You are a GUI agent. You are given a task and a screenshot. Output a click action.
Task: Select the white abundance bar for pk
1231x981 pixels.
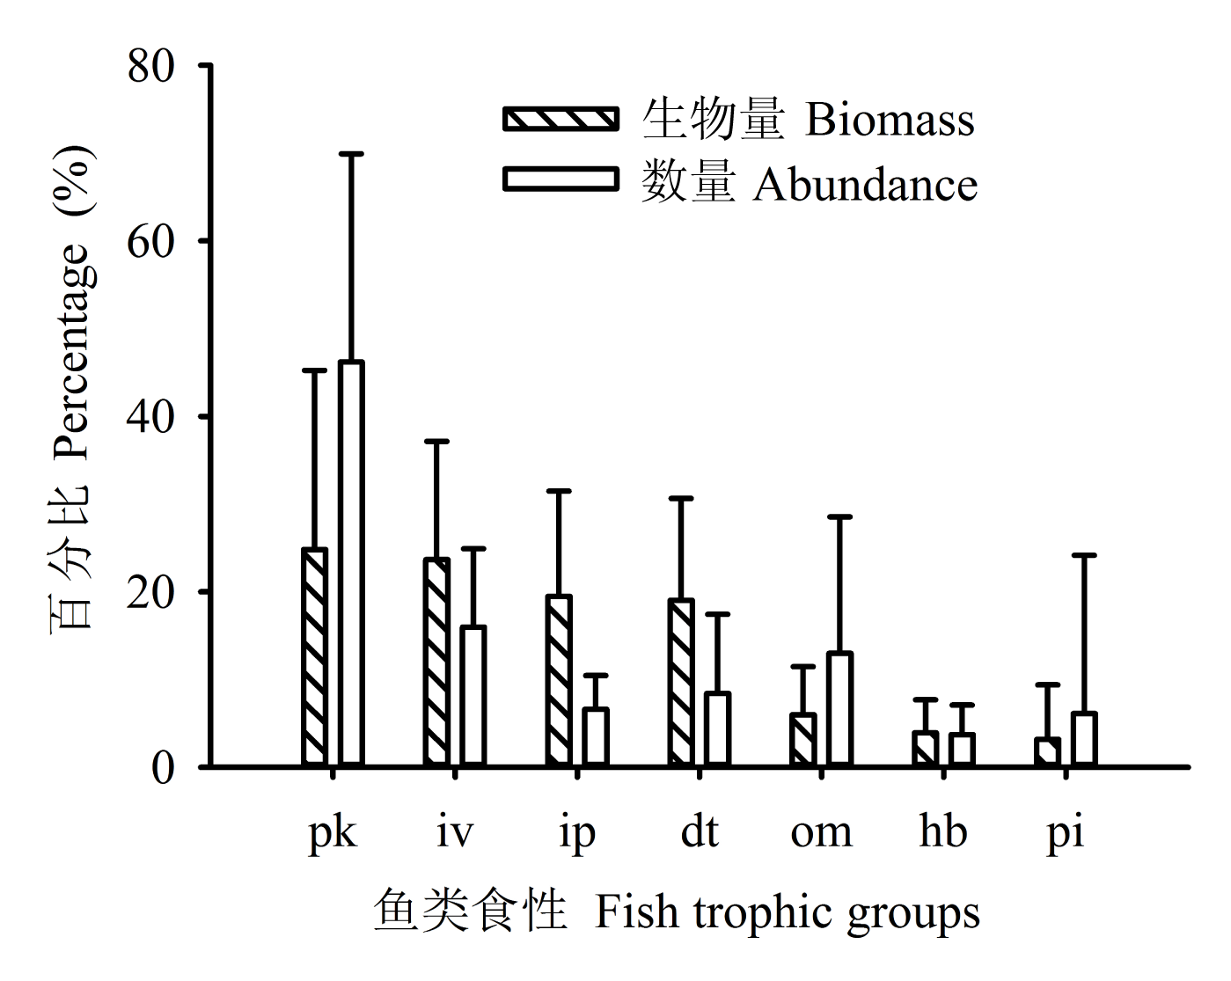tap(351, 563)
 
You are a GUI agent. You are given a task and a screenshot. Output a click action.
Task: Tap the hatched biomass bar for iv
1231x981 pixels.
tap(436, 662)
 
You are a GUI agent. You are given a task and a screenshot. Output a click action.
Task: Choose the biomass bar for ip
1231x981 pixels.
tap(559, 680)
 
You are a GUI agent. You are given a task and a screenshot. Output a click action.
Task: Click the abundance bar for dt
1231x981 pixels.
tap(717, 728)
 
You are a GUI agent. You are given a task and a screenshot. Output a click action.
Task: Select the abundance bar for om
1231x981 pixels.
tap(839, 708)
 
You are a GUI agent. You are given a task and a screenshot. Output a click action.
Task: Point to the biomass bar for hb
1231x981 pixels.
tap(925, 748)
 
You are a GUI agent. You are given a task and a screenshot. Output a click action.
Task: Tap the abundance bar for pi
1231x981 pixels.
tap(1083, 738)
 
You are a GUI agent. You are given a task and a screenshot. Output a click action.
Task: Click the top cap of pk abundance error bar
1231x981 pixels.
tap(351, 154)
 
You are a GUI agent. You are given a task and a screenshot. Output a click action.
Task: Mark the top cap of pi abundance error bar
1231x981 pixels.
tap(1083, 555)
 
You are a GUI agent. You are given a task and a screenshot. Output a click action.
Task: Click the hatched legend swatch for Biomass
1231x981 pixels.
tap(561, 119)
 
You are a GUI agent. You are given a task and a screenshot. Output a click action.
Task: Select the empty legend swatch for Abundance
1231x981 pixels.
tap(561, 179)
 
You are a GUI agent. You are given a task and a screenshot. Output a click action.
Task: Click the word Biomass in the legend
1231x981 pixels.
tap(890, 119)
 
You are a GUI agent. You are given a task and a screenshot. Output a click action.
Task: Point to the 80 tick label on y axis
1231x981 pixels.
tap(151, 66)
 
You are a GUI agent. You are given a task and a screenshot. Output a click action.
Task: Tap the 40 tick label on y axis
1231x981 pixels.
tap(151, 417)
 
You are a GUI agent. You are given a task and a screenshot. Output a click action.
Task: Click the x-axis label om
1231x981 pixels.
tap(821, 832)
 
